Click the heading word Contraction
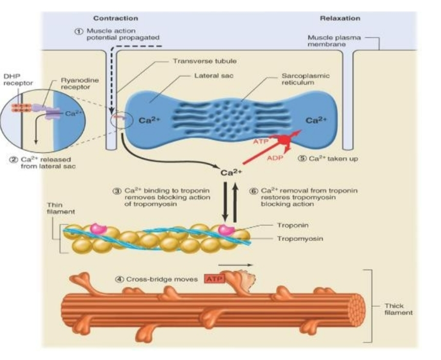pos(115,18)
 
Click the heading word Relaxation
pos(340,18)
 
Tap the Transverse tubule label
pos(196,61)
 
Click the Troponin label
pos(292,225)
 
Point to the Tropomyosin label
pos(300,239)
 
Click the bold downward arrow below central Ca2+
pos(225,200)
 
